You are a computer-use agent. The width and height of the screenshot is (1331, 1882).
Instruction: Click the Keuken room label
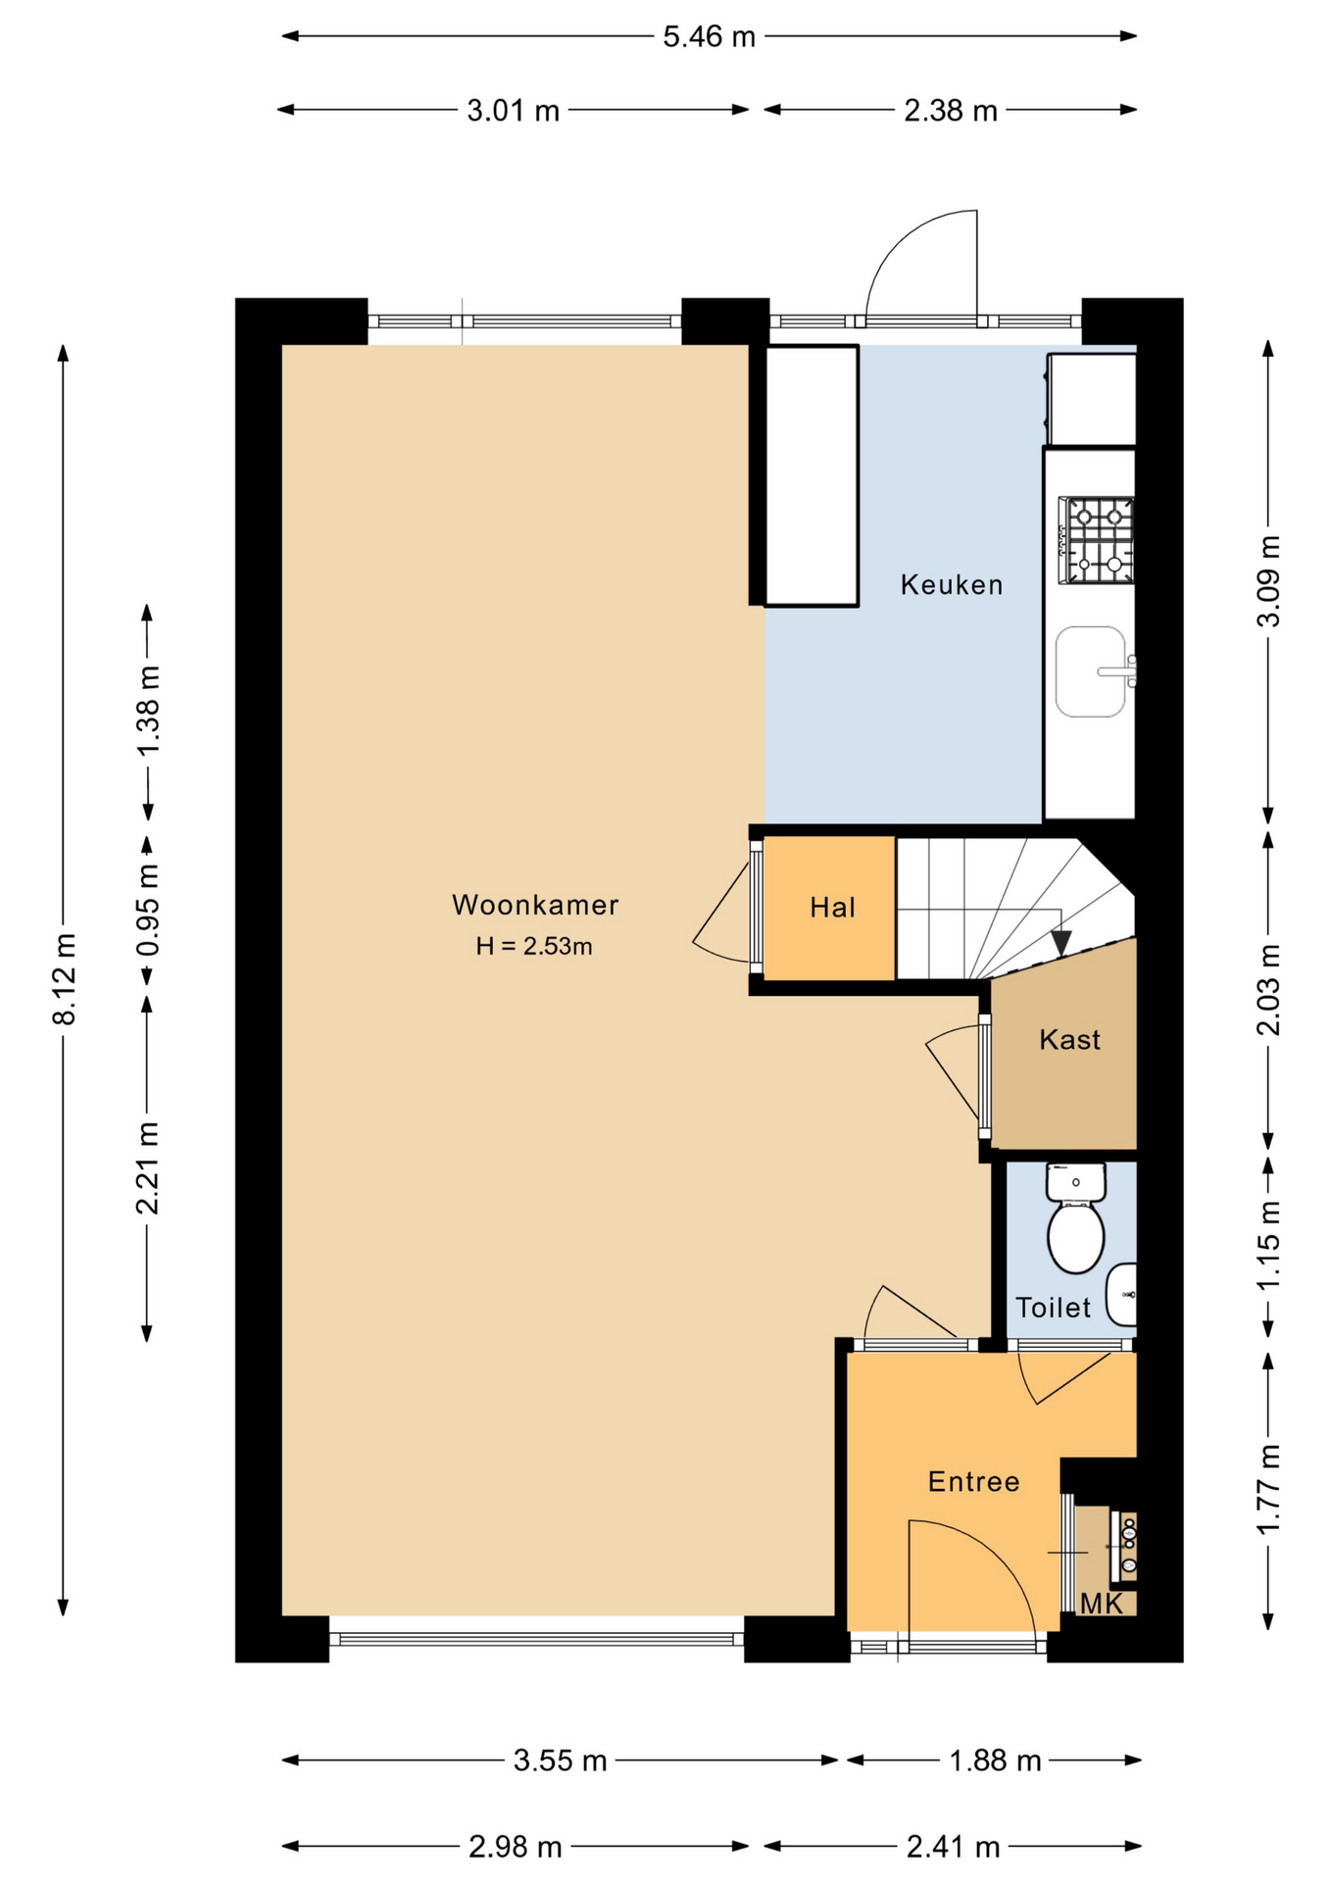click(952, 585)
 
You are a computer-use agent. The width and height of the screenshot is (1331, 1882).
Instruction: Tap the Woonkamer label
click(535, 905)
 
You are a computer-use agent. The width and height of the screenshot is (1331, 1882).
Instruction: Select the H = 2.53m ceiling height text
click(534, 946)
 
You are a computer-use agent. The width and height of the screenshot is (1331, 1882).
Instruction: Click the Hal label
click(832, 908)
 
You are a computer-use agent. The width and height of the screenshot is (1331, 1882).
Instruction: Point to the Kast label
click(1069, 1040)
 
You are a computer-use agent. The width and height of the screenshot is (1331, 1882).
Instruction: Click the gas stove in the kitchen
click(1097, 541)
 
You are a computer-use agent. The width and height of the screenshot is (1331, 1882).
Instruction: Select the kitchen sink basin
click(1091, 672)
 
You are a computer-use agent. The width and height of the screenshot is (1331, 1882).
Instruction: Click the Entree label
click(973, 1482)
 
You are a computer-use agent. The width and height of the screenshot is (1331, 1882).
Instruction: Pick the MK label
click(1101, 1604)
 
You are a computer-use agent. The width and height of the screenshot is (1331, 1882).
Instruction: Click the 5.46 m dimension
click(710, 36)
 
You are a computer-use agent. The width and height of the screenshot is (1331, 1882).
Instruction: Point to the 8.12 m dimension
click(64, 979)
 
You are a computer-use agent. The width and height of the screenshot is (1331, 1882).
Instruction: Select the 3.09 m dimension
click(1268, 581)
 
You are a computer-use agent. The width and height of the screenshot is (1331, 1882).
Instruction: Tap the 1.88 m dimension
click(994, 1760)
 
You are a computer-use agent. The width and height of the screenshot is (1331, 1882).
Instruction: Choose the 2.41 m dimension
click(953, 1848)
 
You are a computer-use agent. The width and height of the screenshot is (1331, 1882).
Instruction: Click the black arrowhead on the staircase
click(1060, 943)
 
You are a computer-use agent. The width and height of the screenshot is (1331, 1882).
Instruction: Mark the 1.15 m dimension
click(1268, 1246)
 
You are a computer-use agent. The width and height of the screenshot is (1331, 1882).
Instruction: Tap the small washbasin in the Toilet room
click(1121, 1295)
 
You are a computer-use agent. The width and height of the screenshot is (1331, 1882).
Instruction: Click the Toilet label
click(1053, 1308)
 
